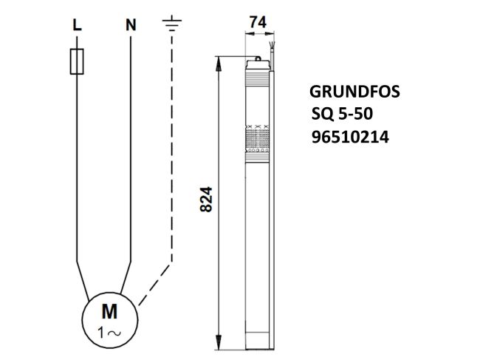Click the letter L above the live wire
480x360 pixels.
76,25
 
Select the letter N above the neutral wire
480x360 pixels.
131,25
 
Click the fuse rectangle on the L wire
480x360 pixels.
76,61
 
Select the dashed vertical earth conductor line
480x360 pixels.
171,148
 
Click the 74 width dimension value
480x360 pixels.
256,23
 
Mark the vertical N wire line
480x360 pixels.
131,148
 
